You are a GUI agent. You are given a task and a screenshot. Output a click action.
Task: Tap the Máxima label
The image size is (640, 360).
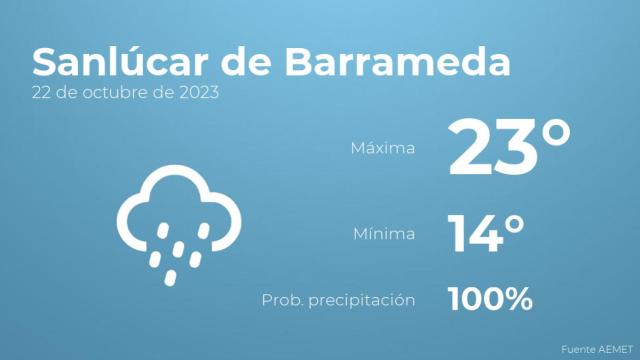(x=382, y=149)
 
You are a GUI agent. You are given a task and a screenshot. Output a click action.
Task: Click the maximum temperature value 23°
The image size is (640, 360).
(x=509, y=147)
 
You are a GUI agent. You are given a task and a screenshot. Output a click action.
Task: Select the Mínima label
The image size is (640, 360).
(x=384, y=235)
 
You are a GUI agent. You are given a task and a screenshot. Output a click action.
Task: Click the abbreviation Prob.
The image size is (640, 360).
(x=281, y=299)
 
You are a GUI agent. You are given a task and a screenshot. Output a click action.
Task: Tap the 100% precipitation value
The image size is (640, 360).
(x=490, y=298)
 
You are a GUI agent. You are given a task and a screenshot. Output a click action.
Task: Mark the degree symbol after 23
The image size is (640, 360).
(x=554, y=132)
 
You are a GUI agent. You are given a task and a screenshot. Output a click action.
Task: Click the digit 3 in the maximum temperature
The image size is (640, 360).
(x=517, y=148)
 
